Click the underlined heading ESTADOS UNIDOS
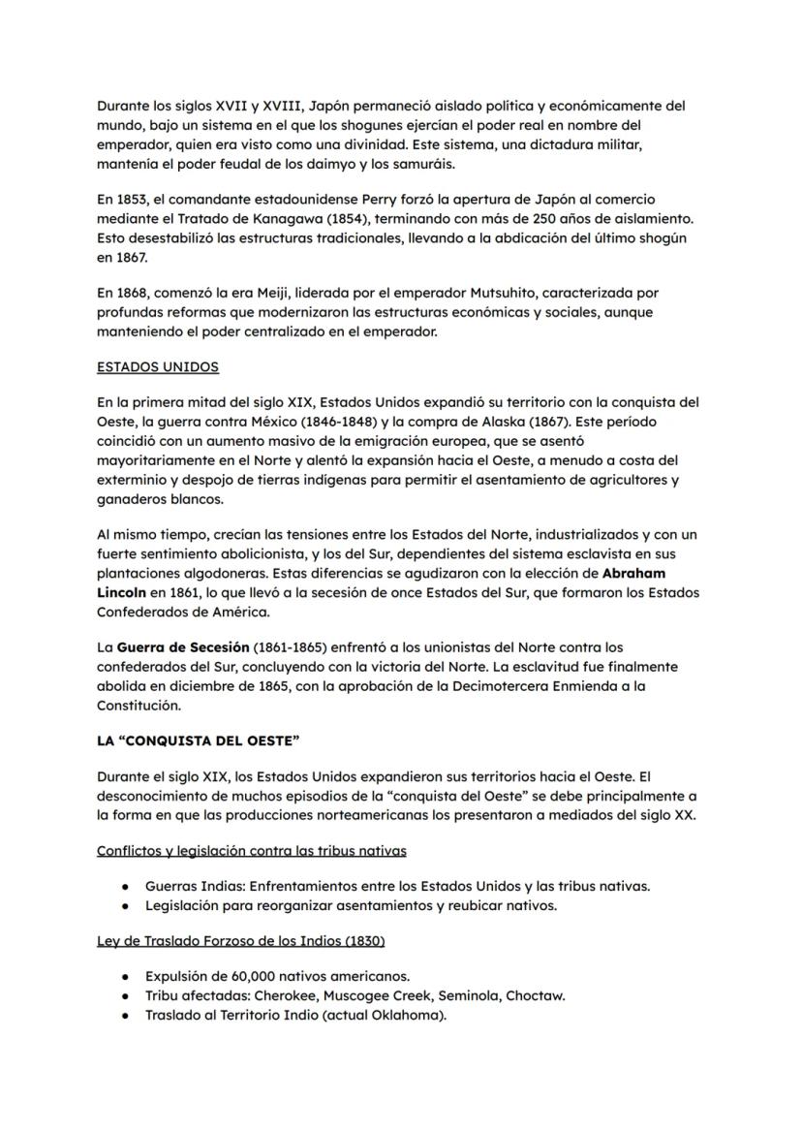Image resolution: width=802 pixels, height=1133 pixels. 157,367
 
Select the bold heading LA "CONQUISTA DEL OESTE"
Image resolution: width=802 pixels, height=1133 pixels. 198,740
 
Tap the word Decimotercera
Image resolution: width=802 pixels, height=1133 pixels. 461,685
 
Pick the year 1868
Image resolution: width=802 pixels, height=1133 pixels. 134,293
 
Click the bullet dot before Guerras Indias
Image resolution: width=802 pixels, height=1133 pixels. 126,887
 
